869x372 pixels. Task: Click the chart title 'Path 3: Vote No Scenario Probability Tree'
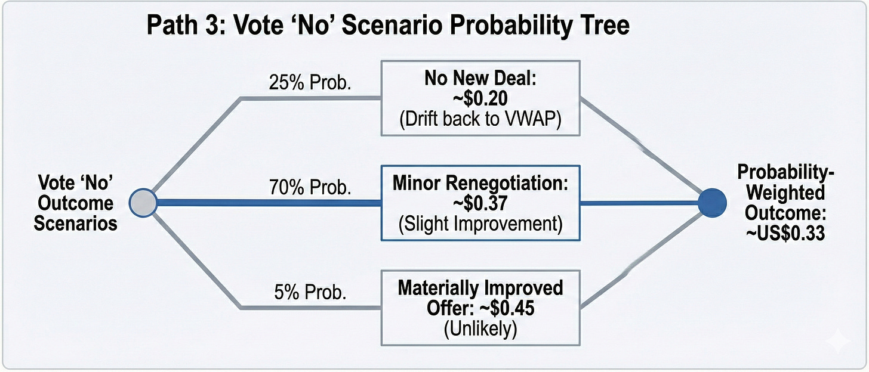pyautogui.click(x=388, y=26)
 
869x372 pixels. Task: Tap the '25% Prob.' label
pyautogui.click(x=310, y=82)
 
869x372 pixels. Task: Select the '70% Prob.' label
pyautogui.click(x=310, y=187)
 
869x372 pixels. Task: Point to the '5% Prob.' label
pyautogui.click(x=310, y=292)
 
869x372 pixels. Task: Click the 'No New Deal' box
pyautogui.click(x=480, y=98)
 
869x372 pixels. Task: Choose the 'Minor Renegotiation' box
pyautogui.click(x=480, y=203)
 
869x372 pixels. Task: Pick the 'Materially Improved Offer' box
pyautogui.click(x=480, y=308)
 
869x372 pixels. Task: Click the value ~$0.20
pyautogui.click(x=480, y=98)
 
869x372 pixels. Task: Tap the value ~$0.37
pyautogui.click(x=480, y=203)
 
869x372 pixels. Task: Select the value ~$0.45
pyautogui.click(x=507, y=308)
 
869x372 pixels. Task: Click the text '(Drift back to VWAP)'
pyautogui.click(x=480, y=119)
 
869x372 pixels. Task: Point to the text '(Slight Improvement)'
pyautogui.click(x=480, y=224)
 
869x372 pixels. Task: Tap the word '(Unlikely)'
pyautogui.click(x=480, y=329)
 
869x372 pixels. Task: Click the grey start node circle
pyautogui.click(x=143, y=203)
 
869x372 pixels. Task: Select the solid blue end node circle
pyautogui.click(x=712, y=203)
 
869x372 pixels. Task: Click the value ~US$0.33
pyautogui.click(x=785, y=233)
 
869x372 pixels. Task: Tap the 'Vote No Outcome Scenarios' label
pyautogui.click(x=75, y=203)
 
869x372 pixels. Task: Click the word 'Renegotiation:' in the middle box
pyautogui.click(x=507, y=182)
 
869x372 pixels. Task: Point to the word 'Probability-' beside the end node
pyautogui.click(x=785, y=172)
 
